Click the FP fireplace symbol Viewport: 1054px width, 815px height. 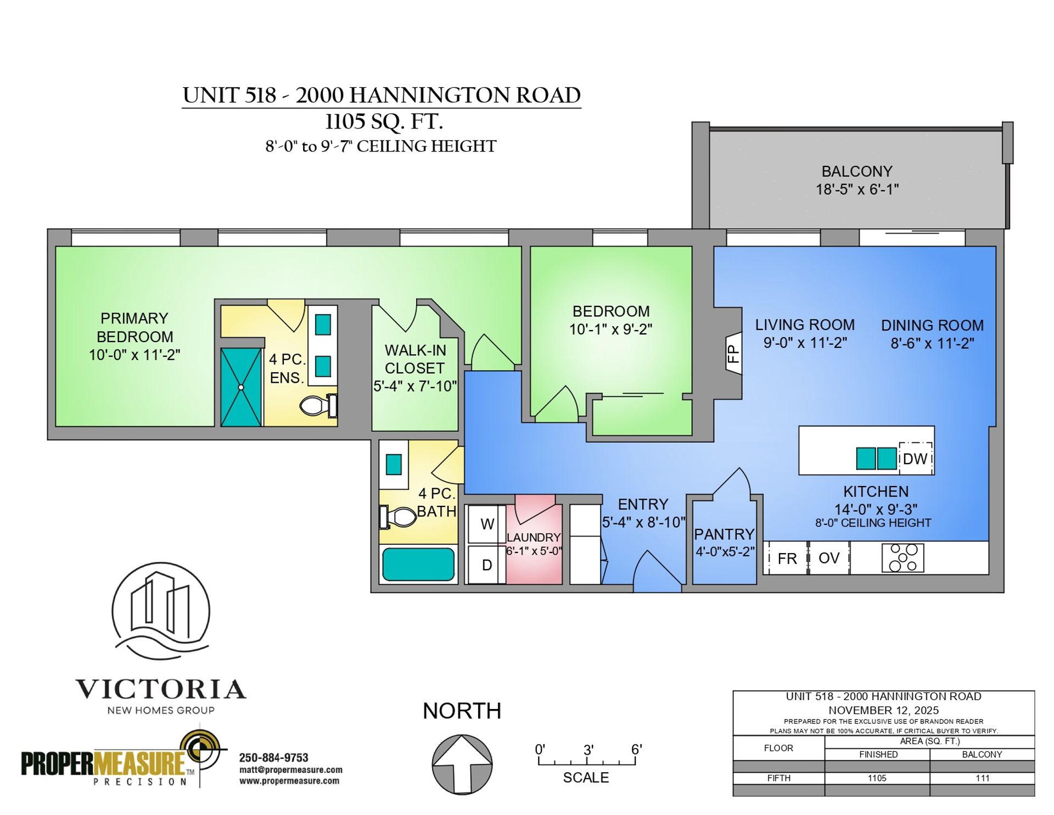tap(734, 353)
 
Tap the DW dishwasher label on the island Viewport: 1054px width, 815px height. tap(915, 459)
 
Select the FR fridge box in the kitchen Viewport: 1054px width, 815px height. tap(787, 559)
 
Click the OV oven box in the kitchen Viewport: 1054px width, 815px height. tap(829, 558)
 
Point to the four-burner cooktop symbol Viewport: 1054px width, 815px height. tap(903, 558)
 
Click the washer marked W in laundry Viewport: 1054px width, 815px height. tap(486, 524)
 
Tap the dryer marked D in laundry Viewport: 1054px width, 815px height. tap(486, 565)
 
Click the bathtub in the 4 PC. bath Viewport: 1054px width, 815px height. tap(418, 564)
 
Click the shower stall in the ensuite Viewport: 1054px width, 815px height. tap(241, 387)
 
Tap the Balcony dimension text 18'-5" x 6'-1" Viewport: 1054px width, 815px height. tap(857, 189)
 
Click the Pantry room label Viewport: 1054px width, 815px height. tap(724, 534)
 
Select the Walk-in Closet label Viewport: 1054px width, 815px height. tap(415, 359)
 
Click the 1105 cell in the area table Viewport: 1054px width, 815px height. tap(877, 778)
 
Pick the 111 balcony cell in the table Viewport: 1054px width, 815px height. tap(982, 778)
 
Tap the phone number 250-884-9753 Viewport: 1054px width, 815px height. tap(274, 758)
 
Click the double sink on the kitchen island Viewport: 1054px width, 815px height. tap(877, 459)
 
